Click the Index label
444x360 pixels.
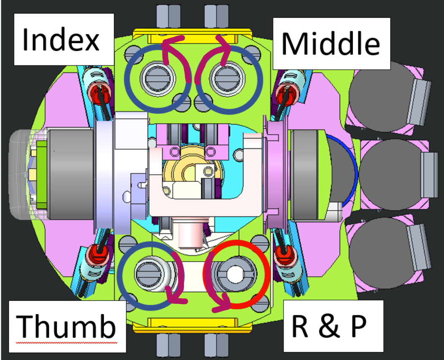tap(61, 40)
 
